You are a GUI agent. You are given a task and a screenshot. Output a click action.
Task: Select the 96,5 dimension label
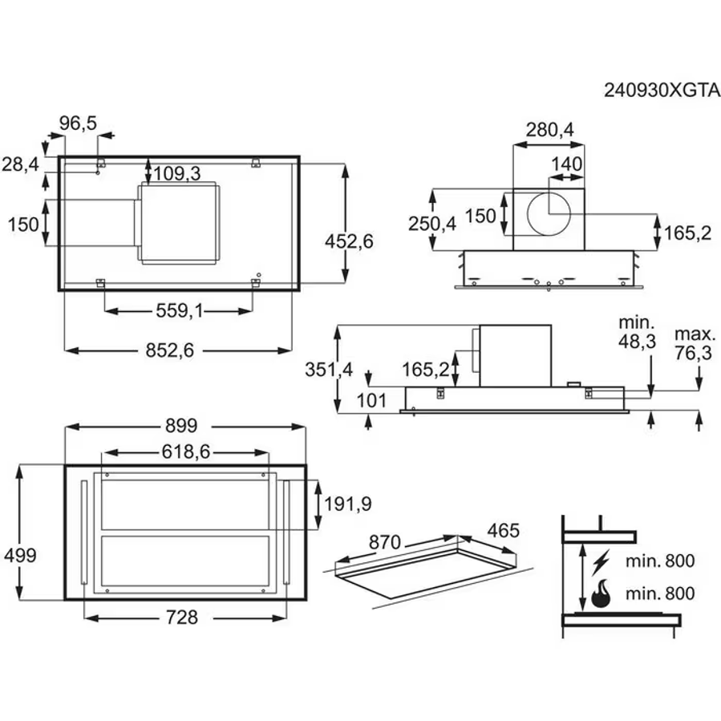(78, 123)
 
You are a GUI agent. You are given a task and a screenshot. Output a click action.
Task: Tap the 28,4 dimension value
(20, 164)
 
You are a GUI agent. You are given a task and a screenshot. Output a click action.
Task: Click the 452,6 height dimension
(350, 240)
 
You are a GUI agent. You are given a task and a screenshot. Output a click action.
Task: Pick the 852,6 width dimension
(179, 349)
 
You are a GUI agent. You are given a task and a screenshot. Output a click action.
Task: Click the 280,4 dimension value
(550, 129)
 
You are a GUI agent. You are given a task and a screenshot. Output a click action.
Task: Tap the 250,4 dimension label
(431, 224)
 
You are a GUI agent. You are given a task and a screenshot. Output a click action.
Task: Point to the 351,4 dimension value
(329, 369)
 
